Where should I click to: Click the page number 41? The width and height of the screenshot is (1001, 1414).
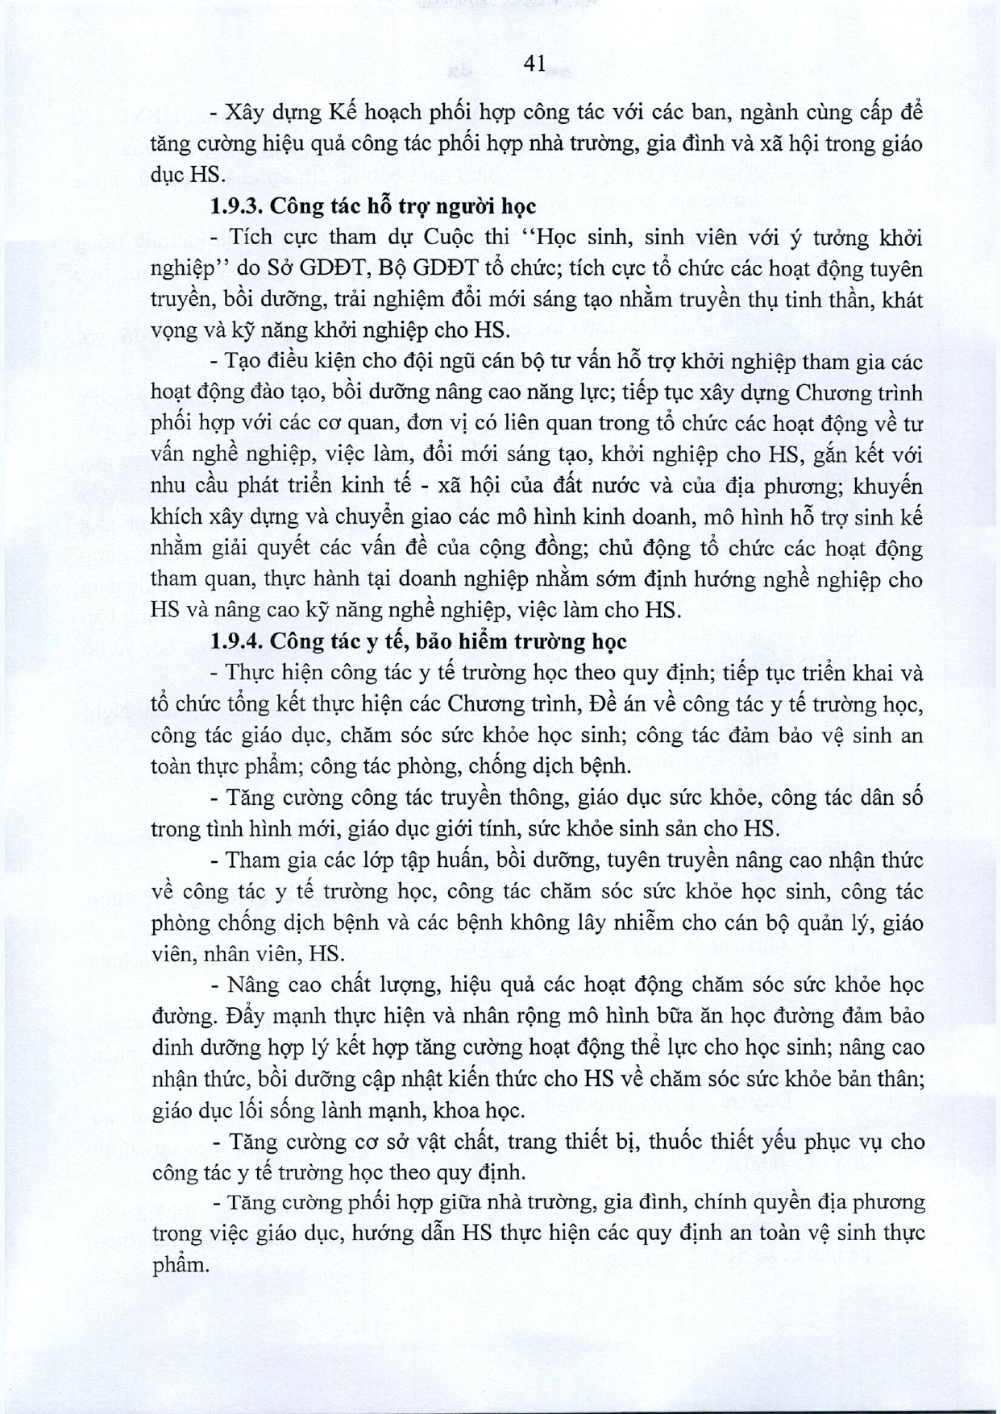click(x=534, y=64)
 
